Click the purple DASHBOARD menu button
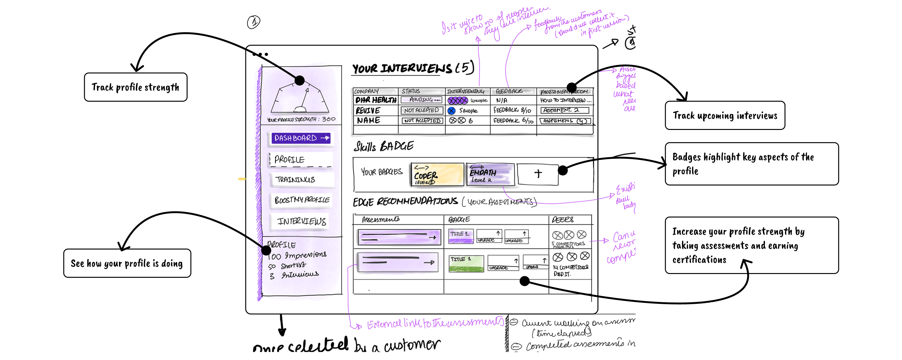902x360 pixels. pyautogui.click(x=301, y=138)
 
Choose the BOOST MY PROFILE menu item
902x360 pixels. pyautogui.click(x=302, y=200)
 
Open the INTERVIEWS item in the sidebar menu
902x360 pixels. pyautogui.click(x=301, y=221)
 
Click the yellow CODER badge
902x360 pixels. pyautogui.click(x=437, y=175)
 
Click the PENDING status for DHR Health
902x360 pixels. pyautogui.click(x=421, y=100)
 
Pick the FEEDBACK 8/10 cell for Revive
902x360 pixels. pyautogui.click(x=513, y=110)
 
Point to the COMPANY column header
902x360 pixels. pyautogui.click(x=366, y=91)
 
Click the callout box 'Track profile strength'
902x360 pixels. pyautogui.click(x=136, y=87)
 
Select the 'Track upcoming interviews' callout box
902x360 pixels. pyautogui.click(x=725, y=116)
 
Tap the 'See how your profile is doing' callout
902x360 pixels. pyautogui.click(x=127, y=263)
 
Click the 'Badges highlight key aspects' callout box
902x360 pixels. pyautogui.click(x=751, y=164)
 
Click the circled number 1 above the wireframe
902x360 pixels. pyautogui.click(x=254, y=22)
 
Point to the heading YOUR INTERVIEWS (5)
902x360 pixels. pyautogui.click(x=413, y=68)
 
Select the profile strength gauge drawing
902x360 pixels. pyautogui.click(x=300, y=98)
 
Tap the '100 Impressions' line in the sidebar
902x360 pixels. pyautogui.click(x=298, y=255)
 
